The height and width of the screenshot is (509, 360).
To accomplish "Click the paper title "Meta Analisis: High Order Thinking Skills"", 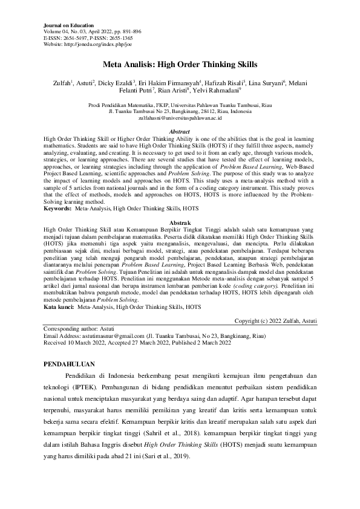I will pyautogui.click(x=180, y=63).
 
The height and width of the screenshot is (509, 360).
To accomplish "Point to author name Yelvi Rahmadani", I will pyautogui.click(x=216, y=91).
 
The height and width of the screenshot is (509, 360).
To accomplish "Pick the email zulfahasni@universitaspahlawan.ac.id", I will pyautogui.click(x=180, y=120).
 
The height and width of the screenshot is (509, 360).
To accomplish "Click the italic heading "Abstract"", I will pyautogui.click(x=180, y=131).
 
